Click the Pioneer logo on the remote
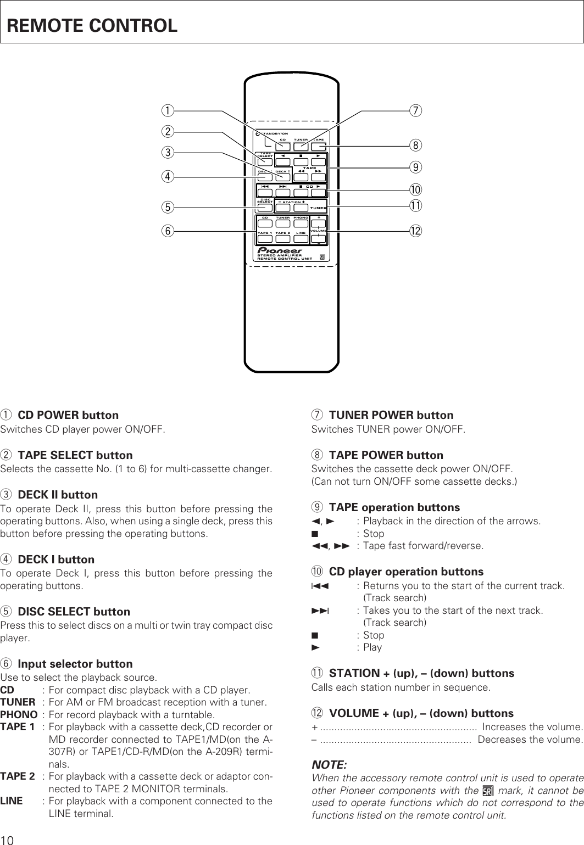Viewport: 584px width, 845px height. [280, 251]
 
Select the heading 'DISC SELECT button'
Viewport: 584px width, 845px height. [74, 612]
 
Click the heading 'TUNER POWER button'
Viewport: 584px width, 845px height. [391, 415]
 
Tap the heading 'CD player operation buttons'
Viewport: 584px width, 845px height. [406, 572]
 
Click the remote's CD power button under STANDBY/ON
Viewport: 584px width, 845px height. [283, 147]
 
